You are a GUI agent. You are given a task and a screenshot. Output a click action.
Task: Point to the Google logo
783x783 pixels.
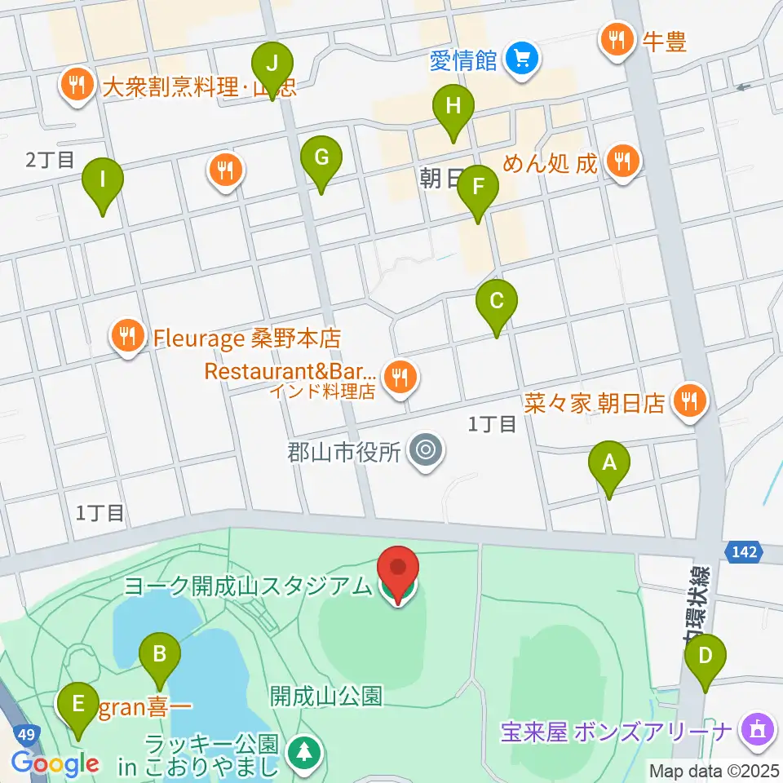point(55,764)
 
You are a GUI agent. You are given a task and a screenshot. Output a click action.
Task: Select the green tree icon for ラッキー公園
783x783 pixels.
point(304,752)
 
